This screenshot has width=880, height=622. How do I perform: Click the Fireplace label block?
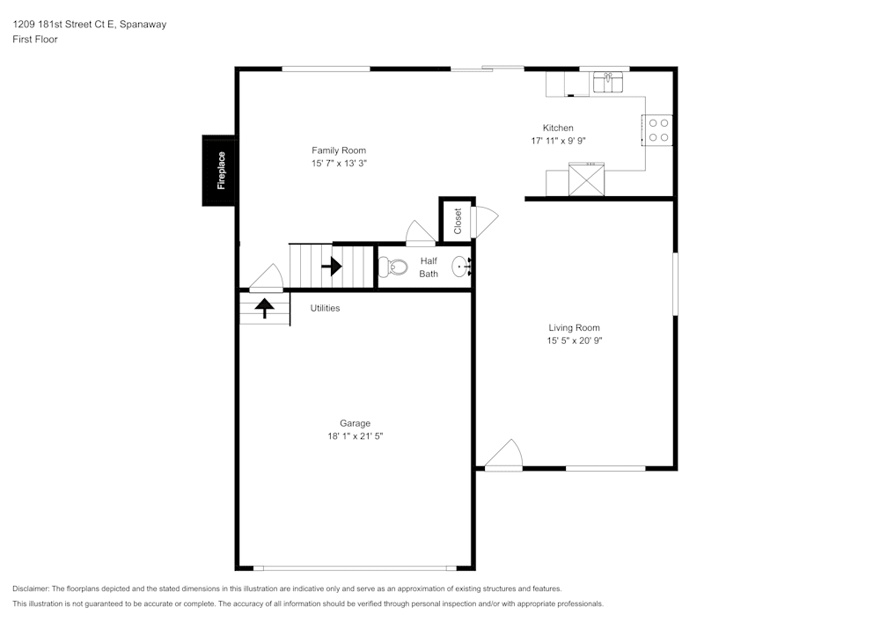(x=218, y=171)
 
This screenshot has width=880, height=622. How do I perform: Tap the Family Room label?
(x=339, y=150)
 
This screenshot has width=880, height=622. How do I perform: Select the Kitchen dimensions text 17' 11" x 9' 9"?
(x=559, y=141)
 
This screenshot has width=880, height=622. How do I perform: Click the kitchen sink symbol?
(x=608, y=83)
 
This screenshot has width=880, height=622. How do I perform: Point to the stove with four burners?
(x=657, y=130)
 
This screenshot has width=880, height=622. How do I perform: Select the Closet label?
(x=458, y=221)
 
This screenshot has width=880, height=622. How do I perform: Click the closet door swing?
(x=486, y=222)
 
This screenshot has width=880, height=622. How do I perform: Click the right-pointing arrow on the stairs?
(x=332, y=267)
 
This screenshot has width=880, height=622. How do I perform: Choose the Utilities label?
(x=325, y=308)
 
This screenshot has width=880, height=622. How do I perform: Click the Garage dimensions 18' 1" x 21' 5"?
(x=356, y=435)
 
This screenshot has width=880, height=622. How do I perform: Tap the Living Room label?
(x=574, y=327)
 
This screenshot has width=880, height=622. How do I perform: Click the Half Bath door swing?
(x=421, y=233)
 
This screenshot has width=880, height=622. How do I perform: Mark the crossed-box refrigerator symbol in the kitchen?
(x=586, y=179)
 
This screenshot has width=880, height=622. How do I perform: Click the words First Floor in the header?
(x=35, y=40)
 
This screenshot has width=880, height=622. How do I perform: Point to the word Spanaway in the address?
(x=143, y=24)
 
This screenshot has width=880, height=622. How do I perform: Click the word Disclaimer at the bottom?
(x=30, y=589)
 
